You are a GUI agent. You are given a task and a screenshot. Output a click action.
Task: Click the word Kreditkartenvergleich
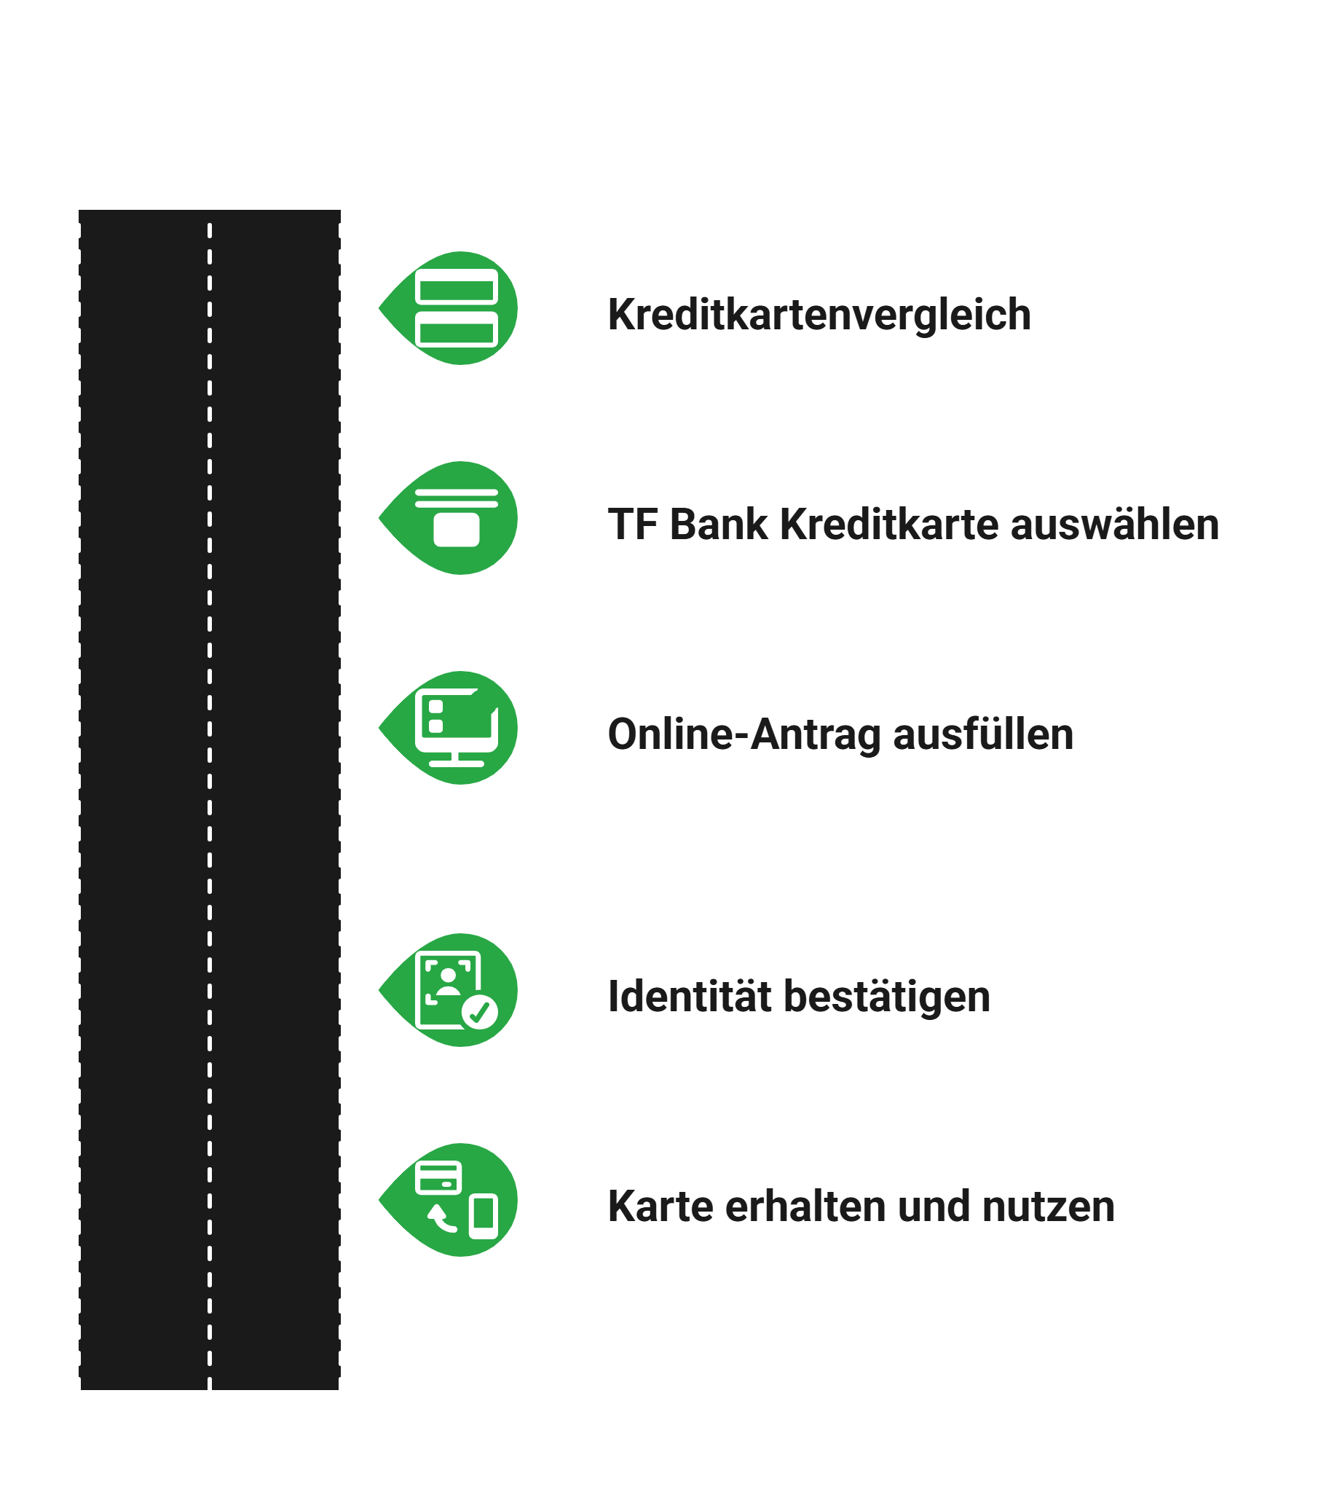819,315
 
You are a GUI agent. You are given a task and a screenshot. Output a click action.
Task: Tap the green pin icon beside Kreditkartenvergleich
455,308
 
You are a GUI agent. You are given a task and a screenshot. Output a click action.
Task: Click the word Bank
719,525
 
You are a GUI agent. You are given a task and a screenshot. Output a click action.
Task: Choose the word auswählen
1114,525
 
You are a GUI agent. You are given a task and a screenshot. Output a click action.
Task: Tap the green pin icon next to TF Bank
455,517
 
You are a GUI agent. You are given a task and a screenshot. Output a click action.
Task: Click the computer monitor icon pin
455,728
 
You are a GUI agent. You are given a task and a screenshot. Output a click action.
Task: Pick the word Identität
690,997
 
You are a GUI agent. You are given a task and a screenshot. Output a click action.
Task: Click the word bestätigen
887,997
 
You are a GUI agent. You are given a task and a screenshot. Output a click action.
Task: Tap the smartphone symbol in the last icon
484,1217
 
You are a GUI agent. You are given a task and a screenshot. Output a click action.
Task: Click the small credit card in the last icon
438,1178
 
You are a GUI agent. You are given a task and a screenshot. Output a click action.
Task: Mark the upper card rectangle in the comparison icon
456,286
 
